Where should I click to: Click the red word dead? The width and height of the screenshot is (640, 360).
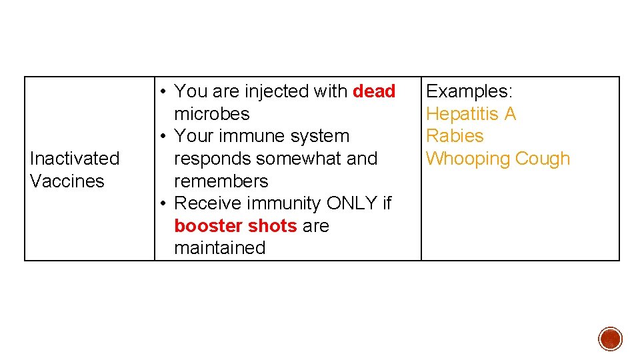(x=374, y=91)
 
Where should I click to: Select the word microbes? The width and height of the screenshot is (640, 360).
(x=211, y=114)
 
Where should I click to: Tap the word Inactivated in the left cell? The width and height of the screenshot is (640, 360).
(x=75, y=159)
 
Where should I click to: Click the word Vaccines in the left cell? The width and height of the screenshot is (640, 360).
(x=67, y=181)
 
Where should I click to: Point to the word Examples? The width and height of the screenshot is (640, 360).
(x=469, y=91)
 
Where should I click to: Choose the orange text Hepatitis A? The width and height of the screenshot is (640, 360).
(x=471, y=114)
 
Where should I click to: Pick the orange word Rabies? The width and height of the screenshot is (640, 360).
(x=455, y=136)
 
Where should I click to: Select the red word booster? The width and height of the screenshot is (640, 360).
(x=206, y=226)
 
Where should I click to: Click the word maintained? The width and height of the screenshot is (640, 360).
(x=219, y=248)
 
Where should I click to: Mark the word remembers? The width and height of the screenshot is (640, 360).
(x=221, y=181)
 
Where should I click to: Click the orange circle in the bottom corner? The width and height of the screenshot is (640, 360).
(x=610, y=339)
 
